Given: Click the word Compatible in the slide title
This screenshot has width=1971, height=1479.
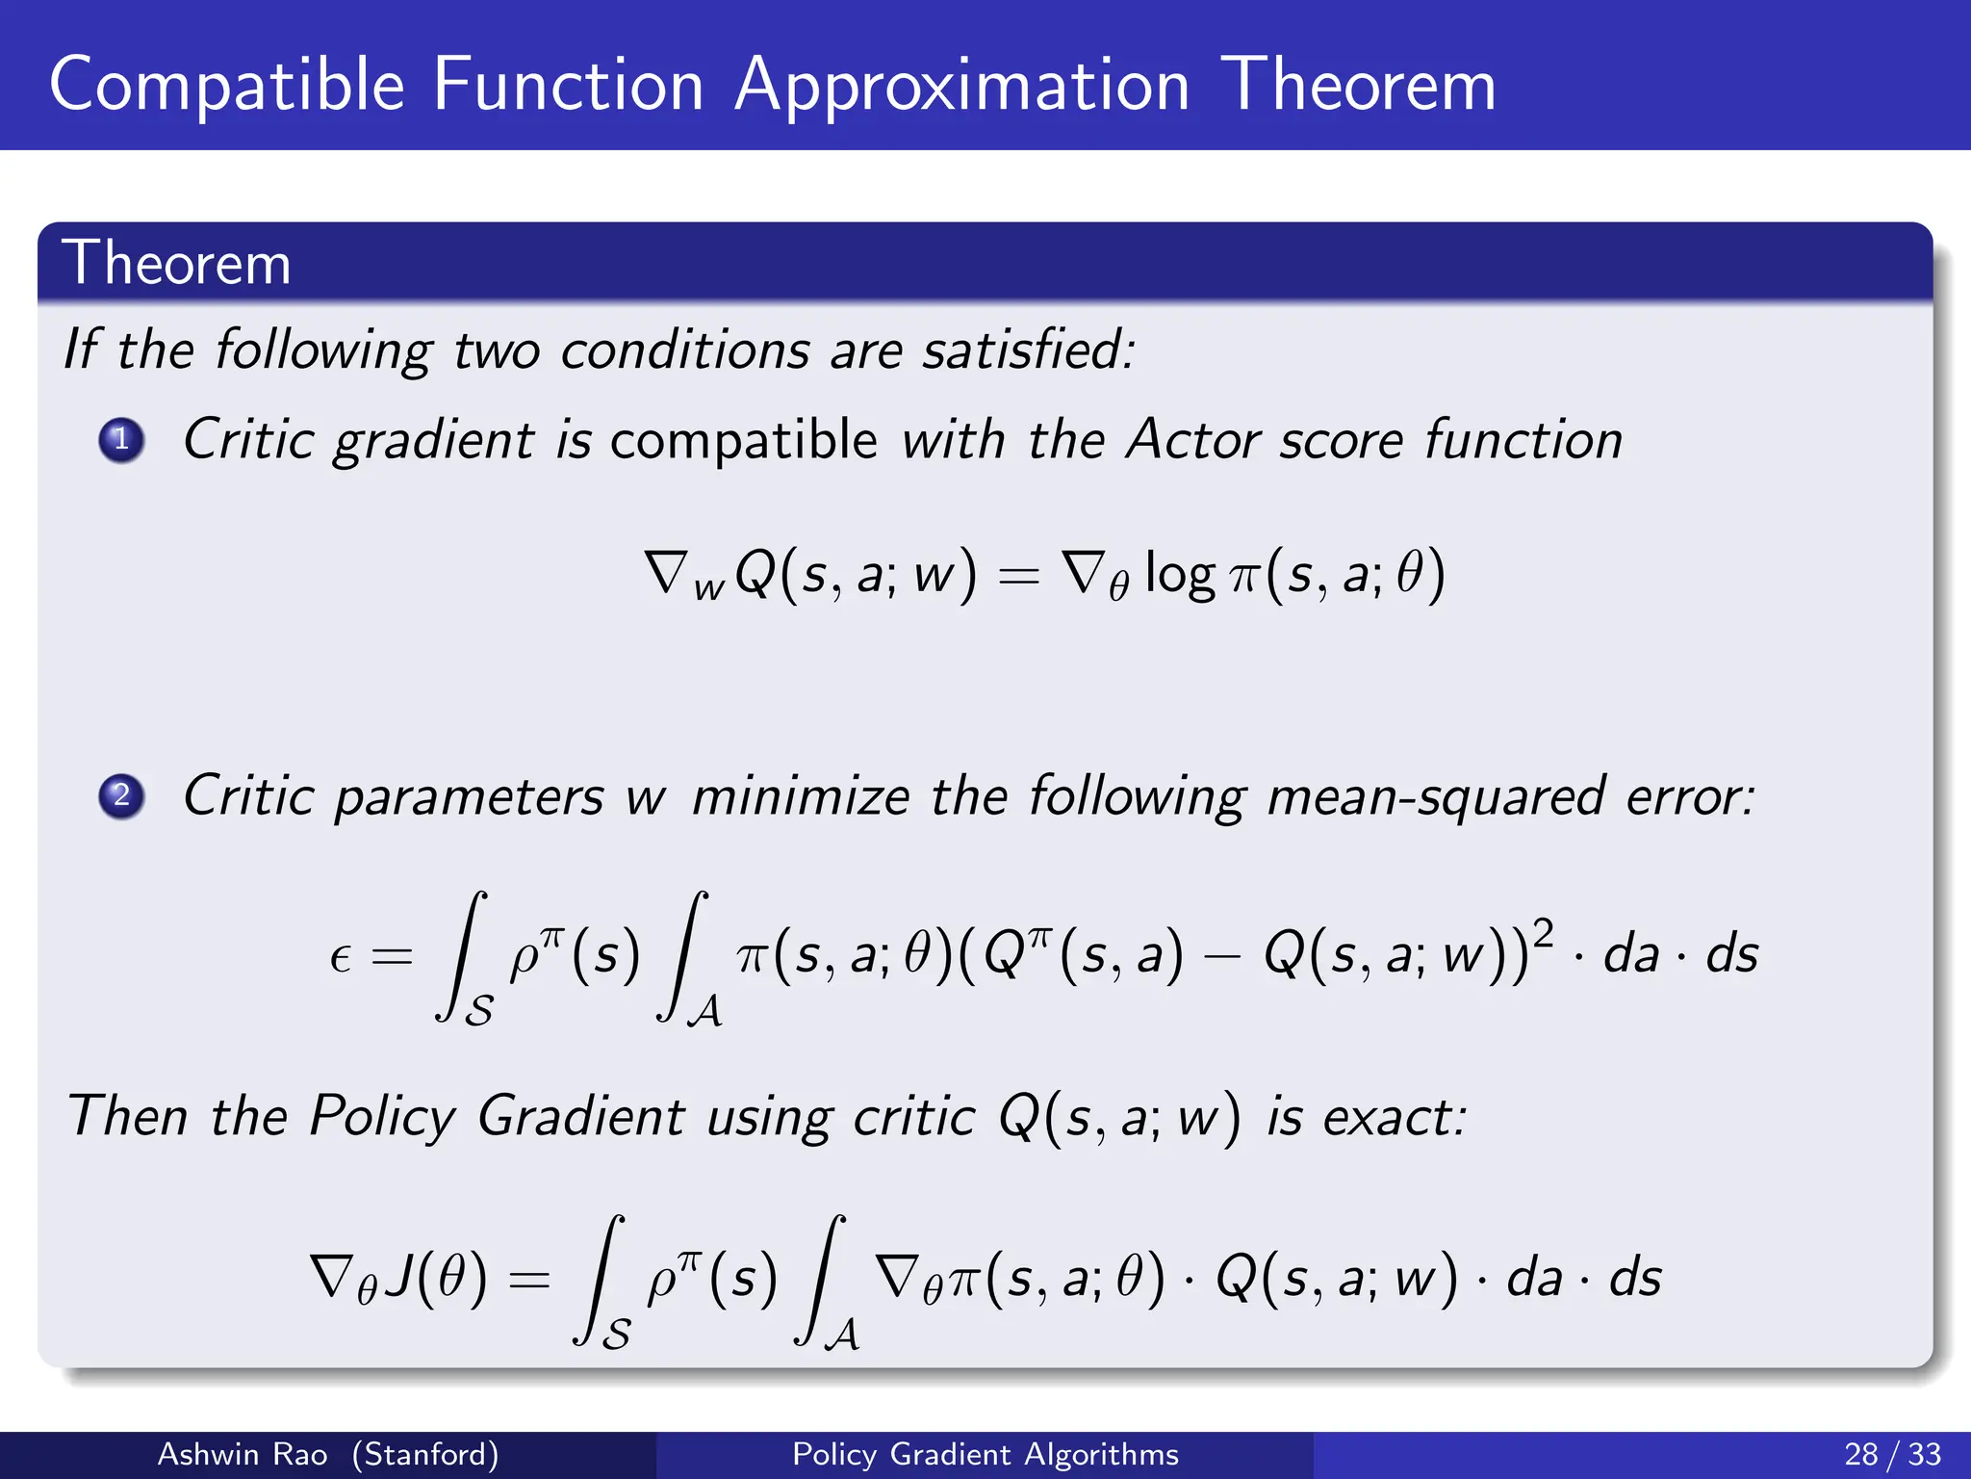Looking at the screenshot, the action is coord(227,88).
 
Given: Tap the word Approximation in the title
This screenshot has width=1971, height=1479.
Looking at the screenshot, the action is coord(962,88).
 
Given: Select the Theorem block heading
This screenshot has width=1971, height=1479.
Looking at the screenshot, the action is coord(176,263).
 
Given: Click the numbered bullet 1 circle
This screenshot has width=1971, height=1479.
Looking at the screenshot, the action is coord(121,440).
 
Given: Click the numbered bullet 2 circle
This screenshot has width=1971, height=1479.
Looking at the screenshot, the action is coord(121,796).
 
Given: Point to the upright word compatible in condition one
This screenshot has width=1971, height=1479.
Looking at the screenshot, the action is coord(744,440).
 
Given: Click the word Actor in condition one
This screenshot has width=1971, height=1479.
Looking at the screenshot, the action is coord(1192,440).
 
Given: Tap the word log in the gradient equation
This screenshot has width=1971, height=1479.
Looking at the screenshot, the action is coord(1180,576).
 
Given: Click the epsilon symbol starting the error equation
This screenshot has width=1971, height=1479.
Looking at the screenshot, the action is coord(340,957).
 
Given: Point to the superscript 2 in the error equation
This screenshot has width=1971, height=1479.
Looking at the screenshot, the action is coord(1543,933).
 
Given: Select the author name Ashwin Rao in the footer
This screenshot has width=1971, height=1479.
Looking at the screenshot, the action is coord(243,1454).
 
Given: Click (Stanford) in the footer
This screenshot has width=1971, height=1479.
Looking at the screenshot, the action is coord(425,1454).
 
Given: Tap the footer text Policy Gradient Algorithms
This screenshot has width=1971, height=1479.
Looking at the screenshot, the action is coord(985,1454).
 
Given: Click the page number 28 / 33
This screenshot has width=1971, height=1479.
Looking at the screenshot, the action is coord(1893,1454).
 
